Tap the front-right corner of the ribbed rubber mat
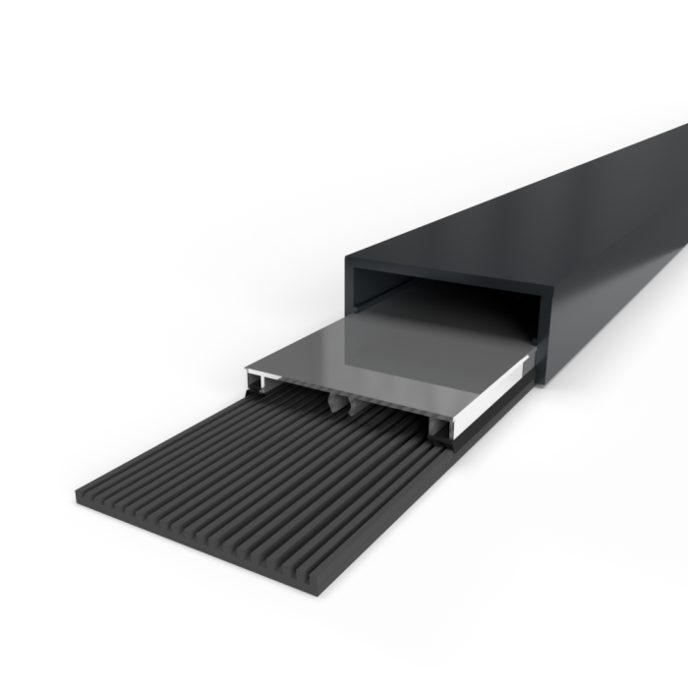[x=327, y=593]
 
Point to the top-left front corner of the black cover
[x=346, y=258]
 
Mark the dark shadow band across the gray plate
[x=432, y=324]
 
